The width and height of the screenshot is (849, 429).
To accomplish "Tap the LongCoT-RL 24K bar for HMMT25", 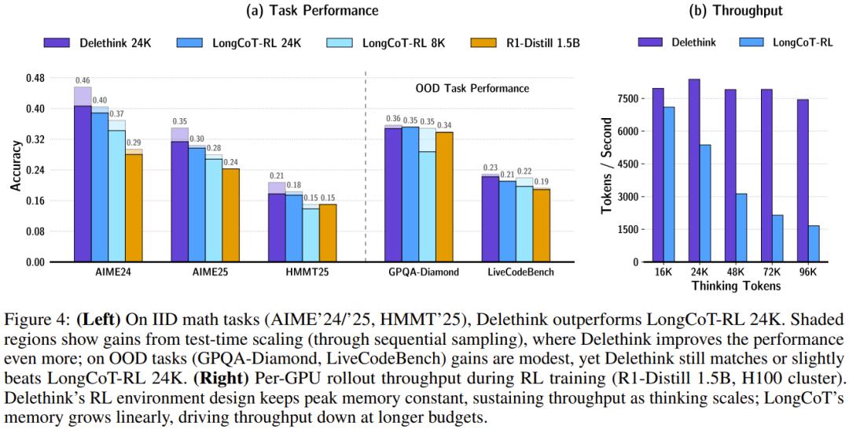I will pyautogui.click(x=293, y=228).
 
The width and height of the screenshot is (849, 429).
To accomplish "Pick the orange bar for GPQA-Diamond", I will pyautogui.click(x=444, y=197).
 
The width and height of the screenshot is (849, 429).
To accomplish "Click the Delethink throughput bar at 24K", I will pyautogui.click(x=694, y=170).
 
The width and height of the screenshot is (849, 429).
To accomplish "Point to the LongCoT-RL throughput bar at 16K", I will pyautogui.click(x=669, y=184).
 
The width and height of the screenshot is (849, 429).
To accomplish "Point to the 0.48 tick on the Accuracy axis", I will pyautogui.click(x=34, y=78).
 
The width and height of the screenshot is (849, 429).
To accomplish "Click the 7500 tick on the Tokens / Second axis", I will pyautogui.click(x=626, y=98).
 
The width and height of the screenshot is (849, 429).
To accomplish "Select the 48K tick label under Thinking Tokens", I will pyautogui.click(x=736, y=272).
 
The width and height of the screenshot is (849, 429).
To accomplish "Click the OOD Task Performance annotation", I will pyautogui.click(x=472, y=88).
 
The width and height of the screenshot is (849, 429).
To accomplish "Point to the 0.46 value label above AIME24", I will pyautogui.click(x=83, y=80).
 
